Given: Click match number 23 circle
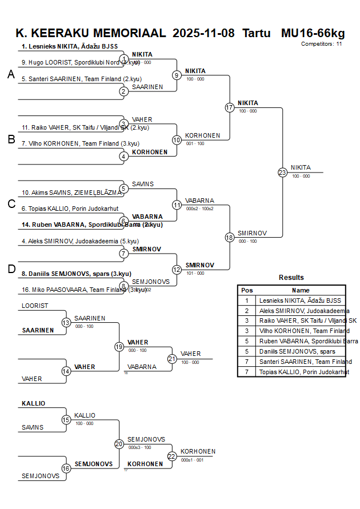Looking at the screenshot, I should click(282, 172).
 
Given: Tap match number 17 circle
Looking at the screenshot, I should click(230, 107).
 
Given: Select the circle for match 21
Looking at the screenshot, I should click(172, 359).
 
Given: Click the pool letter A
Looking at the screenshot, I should click(11, 74).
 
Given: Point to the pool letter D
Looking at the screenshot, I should click(11, 269).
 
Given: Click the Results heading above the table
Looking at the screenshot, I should click(291, 278).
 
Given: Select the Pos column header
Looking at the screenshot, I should click(247, 290).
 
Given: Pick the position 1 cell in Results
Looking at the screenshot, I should click(247, 300).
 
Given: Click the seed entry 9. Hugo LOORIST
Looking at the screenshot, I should click(80, 63).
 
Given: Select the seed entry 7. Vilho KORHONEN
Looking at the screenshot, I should click(80, 144).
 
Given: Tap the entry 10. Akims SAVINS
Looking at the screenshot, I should click(67, 193).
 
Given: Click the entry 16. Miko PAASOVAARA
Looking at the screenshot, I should click(80, 290).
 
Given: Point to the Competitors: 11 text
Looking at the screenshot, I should click(321, 43).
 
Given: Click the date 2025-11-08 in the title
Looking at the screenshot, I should click(203, 33).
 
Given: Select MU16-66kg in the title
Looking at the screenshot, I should click(313, 33).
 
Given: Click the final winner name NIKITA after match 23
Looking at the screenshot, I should click(301, 167).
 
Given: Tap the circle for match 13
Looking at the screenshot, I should click(66, 323).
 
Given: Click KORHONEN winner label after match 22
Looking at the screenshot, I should click(198, 451).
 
